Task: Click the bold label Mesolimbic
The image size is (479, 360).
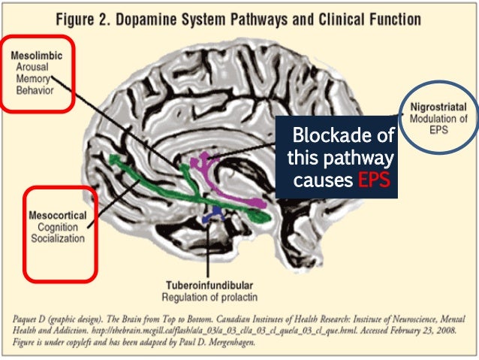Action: tap(37, 55)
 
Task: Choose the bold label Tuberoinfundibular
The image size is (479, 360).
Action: tap(209, 286)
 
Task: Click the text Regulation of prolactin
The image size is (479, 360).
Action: tap(209, 297)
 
